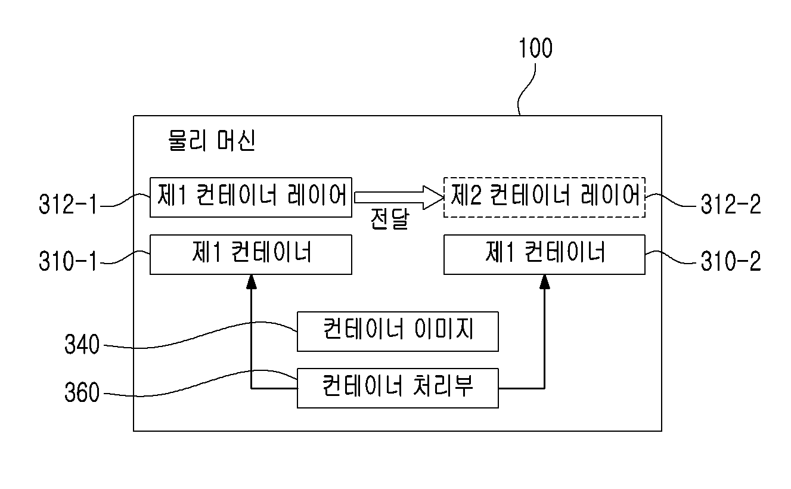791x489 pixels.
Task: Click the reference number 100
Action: [535, 48]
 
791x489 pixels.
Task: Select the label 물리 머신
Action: [212, 141]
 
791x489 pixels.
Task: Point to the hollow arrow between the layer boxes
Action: [399, 197]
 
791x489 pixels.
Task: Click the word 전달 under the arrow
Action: [389, 219]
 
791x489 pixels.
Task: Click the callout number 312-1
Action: [67, 204]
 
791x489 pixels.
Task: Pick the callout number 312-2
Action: [731, 204]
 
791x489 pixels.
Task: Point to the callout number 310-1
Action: [67, 261]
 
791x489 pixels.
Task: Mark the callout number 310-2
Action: [731, 261]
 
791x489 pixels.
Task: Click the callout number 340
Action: [82, 345]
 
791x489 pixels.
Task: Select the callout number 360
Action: [82, 392]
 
